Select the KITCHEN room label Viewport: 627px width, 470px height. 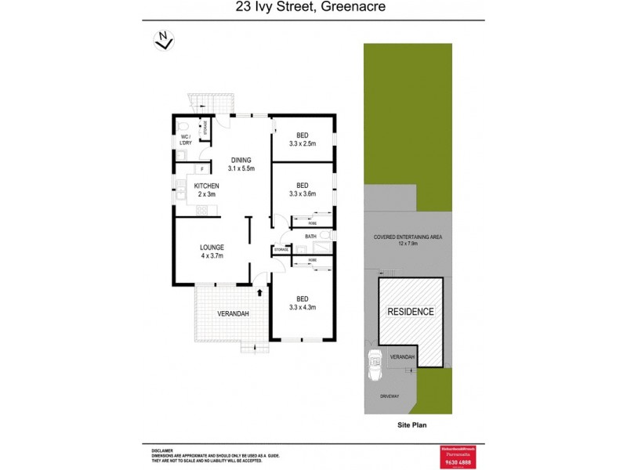pos(207,190)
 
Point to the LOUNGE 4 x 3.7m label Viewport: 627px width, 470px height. pos(211,251)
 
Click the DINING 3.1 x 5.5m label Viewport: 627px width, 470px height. pos(240,164)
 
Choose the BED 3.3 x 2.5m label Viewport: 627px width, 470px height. pos(302,139)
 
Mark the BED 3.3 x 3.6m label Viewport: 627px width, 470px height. pos(302,189)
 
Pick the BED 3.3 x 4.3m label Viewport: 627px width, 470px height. pos(302,302)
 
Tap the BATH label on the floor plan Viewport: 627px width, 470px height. pos(310,236)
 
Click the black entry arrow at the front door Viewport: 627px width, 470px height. pos(259,291)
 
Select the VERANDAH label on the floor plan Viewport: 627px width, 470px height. pos(233,314)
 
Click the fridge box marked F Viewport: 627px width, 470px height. pos(202,168)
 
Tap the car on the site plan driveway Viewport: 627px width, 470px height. pos(375,363)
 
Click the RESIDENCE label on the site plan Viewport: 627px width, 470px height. pos(411,312)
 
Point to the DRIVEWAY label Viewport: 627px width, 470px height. pos(390,396)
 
